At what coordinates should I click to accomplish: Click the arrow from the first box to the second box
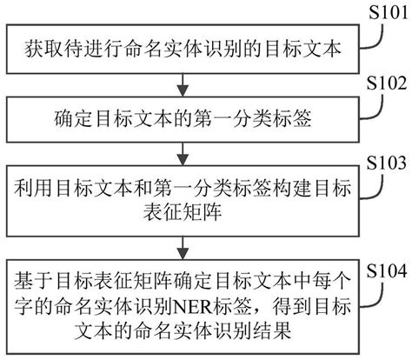tap(183, 83)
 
